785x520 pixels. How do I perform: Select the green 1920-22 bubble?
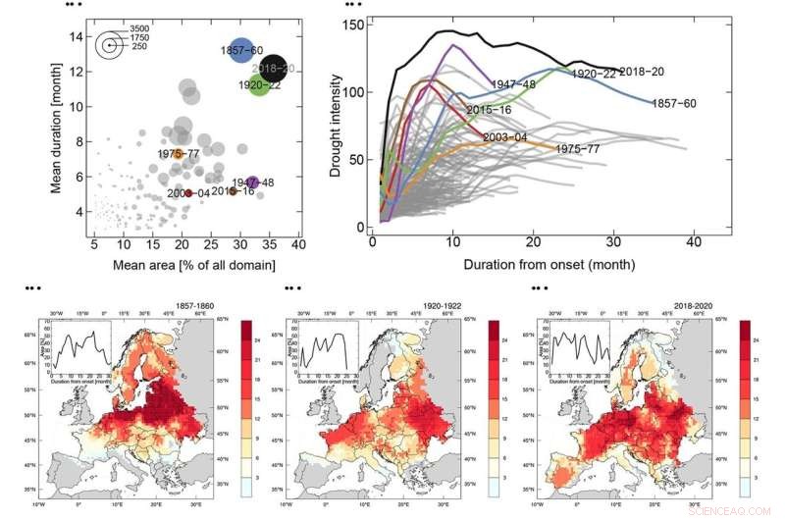coord(259,84)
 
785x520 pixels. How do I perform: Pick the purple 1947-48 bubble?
coord(253,182)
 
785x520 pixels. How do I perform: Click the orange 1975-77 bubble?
coord(178,152)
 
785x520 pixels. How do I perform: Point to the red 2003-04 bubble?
coord(188,193)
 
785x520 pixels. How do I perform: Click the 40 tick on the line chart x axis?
coord(694,241)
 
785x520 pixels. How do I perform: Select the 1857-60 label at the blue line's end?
coord(672,103)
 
